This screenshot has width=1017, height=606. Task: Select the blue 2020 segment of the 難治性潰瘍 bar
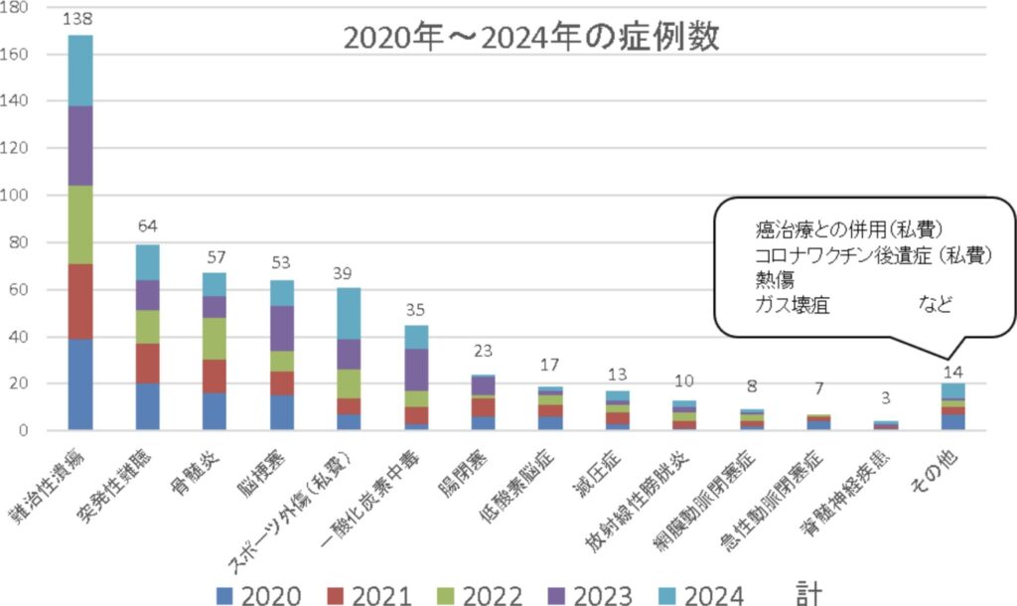pyautogui.click(x=94, y=384)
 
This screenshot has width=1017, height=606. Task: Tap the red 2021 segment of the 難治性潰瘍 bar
pyautogui.click(x=94, y=302)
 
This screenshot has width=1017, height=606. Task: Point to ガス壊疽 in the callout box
pyautogui.click(x=792, y=304)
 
